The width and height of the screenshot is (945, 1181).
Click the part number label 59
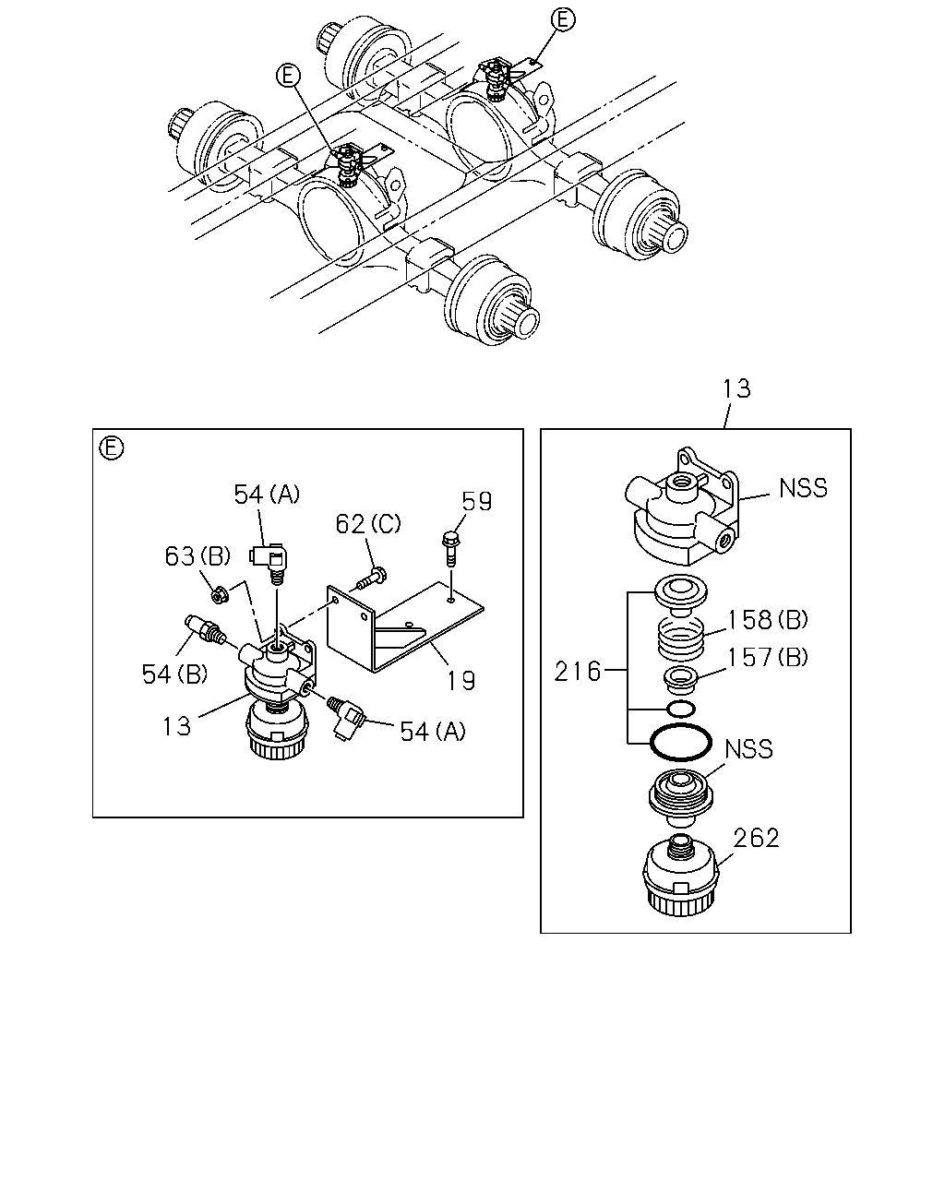476,501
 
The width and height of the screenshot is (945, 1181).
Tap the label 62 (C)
368,524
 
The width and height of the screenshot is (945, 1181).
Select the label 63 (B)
197,556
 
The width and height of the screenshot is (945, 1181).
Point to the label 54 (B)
174,674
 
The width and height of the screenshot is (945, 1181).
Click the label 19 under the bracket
461,681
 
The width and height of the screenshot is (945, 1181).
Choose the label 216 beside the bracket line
578,672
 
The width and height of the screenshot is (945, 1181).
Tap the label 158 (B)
768,620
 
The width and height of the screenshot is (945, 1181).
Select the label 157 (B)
768,657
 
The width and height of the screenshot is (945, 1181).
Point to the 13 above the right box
736,388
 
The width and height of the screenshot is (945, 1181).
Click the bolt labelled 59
449,549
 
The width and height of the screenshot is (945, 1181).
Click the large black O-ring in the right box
681,743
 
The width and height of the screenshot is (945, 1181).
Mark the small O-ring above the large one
681,710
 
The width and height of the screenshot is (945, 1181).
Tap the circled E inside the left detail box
112,447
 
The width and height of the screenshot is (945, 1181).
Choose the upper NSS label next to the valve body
803,488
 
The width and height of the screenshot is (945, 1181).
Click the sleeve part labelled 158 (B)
681,638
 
